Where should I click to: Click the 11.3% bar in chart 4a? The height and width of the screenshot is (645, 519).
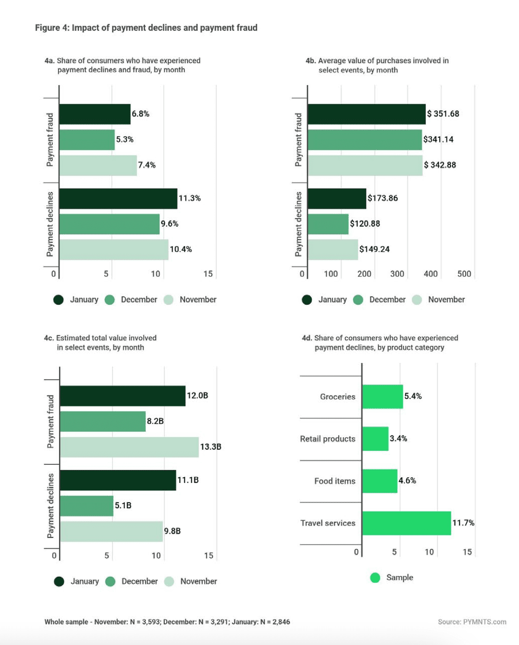tap(118, 198)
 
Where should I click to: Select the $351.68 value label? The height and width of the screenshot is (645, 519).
tap(443, 114)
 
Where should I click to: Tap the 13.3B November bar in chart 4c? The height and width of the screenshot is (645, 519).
tap(129, 447)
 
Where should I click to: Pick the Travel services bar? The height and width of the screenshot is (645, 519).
tap(406, 523)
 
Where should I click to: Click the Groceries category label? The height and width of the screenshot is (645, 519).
tap(337, 396)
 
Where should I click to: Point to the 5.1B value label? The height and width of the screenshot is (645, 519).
tap(123, 506)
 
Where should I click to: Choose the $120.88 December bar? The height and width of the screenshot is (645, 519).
tap(328, 224)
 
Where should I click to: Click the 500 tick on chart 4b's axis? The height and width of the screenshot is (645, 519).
tap(464, 274)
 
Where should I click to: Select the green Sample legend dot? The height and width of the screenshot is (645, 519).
tap(375, 578)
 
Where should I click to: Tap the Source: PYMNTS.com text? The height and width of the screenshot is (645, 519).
tap(472, 622)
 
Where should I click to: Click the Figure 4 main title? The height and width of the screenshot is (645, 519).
tap(146, 28)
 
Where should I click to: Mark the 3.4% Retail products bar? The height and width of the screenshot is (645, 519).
tap(375, 439)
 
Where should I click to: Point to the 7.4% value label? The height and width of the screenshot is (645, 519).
tap(147, 165)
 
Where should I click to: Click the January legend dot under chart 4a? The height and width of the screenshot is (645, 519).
tap(59, 300)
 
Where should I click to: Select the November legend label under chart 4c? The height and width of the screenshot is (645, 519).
tap(199, 581)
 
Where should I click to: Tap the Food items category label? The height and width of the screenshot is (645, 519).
tap(334, 481)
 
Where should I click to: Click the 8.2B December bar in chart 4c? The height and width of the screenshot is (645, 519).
tap(103, 421)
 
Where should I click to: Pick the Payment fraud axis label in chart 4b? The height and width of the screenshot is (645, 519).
tap(298, 139)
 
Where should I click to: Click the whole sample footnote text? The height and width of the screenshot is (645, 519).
tap(167, 622)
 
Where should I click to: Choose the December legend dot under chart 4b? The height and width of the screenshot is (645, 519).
tap(358, 300)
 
